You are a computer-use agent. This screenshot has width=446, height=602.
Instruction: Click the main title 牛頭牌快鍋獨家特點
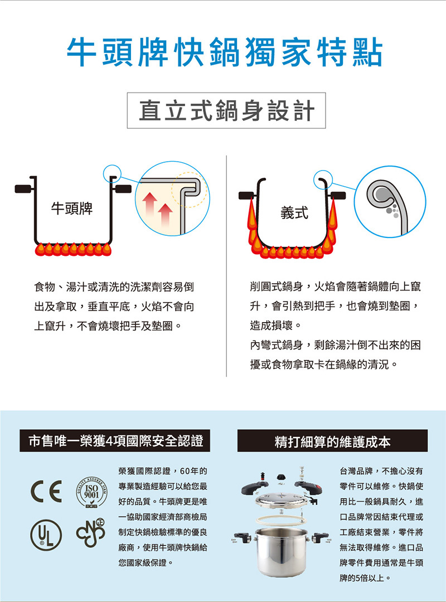click(225, 52)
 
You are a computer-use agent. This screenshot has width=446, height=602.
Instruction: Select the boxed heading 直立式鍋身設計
click(226, 110)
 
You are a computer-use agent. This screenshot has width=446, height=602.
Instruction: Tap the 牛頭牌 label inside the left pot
click(72, 208)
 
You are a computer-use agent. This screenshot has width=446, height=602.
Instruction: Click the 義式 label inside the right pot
click(294, 213)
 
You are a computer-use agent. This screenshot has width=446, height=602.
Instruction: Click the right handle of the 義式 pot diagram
click(338, 195)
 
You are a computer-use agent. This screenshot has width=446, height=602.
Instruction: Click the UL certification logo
click(46, 535)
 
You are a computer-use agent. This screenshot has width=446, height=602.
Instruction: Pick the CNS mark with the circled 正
click(91, 533)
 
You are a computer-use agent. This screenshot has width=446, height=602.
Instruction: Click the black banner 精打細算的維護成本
click(332, 441)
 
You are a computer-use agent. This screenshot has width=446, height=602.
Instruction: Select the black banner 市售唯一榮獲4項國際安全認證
click(115, 441)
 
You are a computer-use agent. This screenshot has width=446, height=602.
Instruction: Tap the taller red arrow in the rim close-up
click(149, 207)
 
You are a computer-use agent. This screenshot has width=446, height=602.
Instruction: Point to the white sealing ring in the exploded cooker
click(282, 521)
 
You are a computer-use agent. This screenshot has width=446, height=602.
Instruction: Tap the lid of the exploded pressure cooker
click(282, 500)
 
